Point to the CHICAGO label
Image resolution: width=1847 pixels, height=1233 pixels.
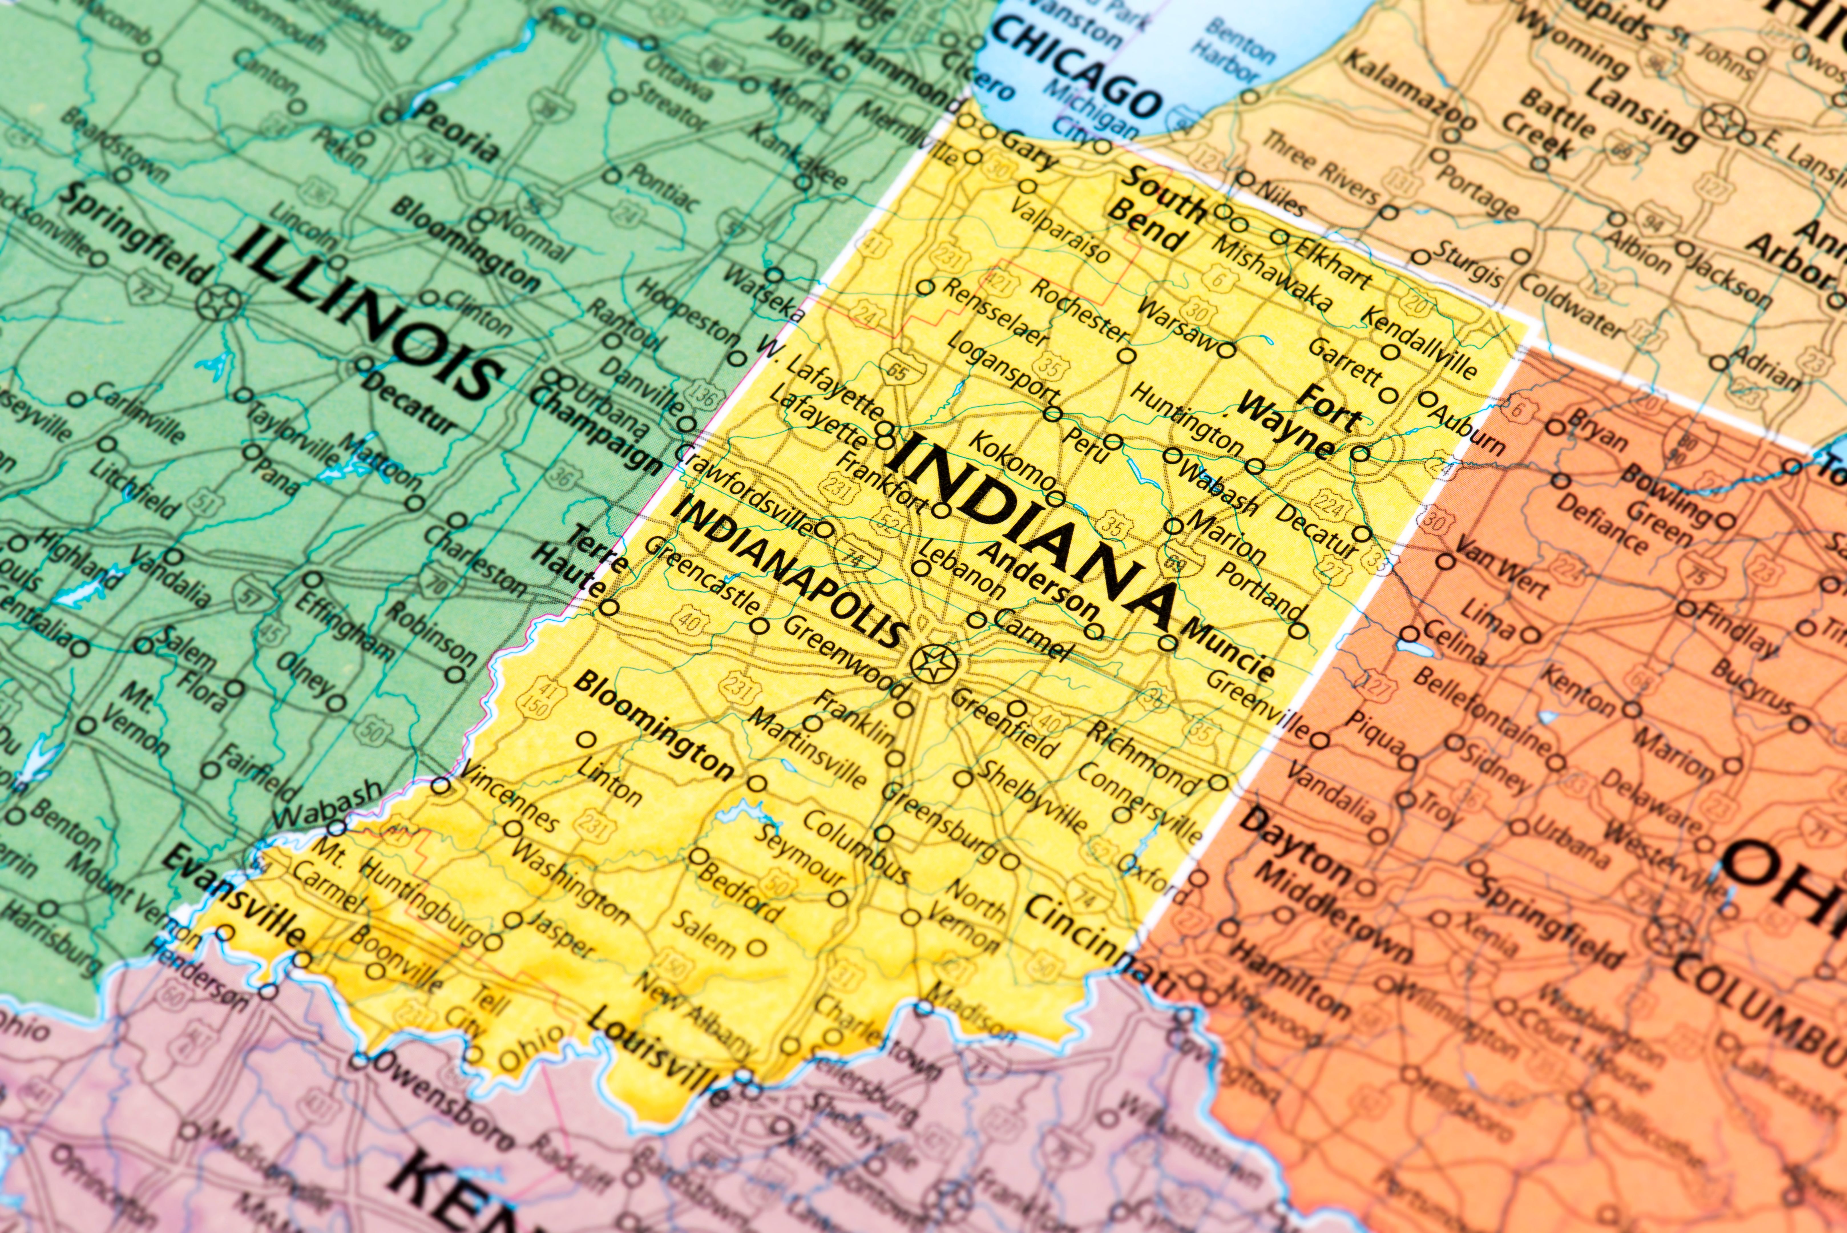[1077, 67]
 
